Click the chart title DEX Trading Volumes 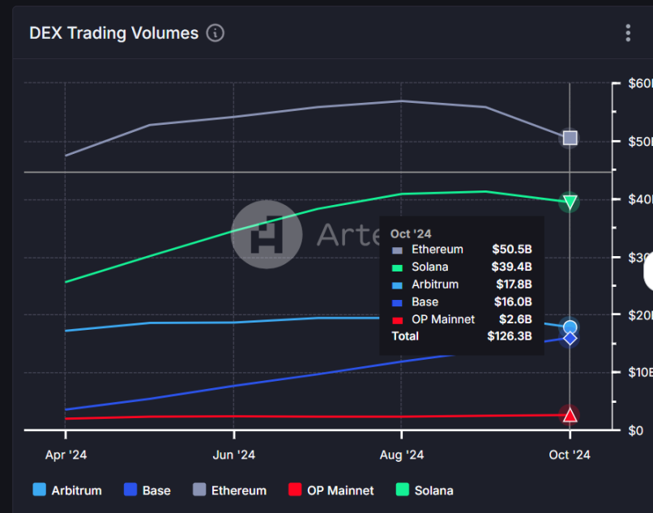(x=113, y=33)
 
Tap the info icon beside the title (x=215, y=33)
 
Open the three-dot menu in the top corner (x=628, y=33)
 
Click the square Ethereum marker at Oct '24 (x=570, y=138)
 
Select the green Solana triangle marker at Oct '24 (x=570, y=202)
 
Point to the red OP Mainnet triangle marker (x=570, y=415)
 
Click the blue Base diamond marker (x=570, y=338)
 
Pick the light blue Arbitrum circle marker (x=570, y=327)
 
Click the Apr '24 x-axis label (x=66, y=455)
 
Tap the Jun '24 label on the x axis (x=234, y=455)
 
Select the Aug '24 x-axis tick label (x=402, y=455)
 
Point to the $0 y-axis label (x=636, y=430)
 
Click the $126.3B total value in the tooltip (x=509, y=336)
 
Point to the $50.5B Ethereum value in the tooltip (x=511, y=250)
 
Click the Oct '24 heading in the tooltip (x=411, y=233)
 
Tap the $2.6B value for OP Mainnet (x=514, y=319)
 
